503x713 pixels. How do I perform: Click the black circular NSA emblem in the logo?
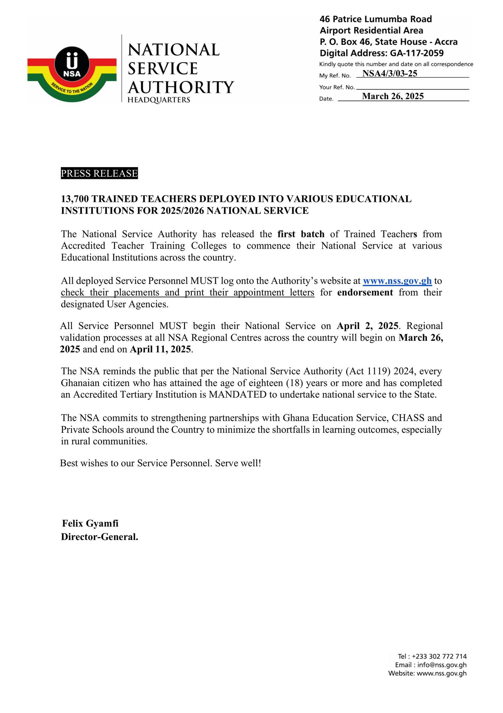[x=72, y=65]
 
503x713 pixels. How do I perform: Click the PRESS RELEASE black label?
[x=99, y=173]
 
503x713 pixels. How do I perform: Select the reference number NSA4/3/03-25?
[x=389, y=73]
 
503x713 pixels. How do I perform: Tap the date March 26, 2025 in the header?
[x=393, y=96]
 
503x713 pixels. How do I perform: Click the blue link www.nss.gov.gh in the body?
[x=397, y=281]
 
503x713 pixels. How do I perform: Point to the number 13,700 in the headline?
[x=75, y=199]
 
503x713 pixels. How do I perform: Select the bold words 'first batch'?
[x=301, y=234]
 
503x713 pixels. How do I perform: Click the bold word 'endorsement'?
[x=365, y=292]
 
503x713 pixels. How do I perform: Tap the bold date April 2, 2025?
[x=367, y=326]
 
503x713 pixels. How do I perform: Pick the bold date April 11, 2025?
[x=160, y=349]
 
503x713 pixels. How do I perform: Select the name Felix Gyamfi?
[x=90, y=524]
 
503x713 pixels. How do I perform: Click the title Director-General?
[x=99, y=537]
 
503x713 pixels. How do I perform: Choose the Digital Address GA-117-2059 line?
[x=382, y=53]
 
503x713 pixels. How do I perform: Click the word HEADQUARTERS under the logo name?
[x=159, y=100]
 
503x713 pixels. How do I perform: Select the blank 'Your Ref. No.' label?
[x=337, y=87]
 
